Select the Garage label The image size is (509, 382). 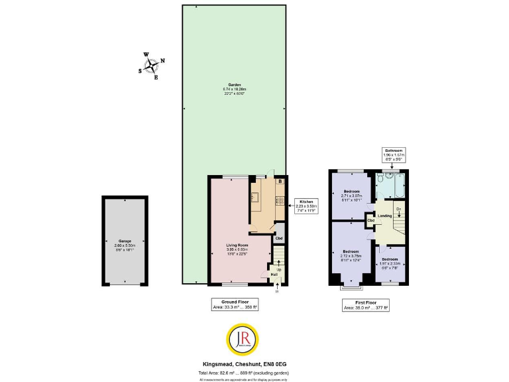[125, 243]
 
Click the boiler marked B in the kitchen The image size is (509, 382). [280, 181]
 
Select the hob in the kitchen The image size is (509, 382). [280, 202]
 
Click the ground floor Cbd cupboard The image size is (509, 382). [279, 237]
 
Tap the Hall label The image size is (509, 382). [273, 273]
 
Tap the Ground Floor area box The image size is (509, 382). [235, 304]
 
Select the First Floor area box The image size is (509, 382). [366, 304]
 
